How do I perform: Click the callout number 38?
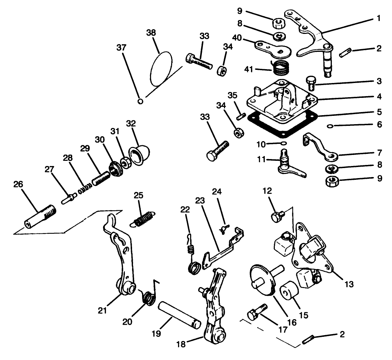151,33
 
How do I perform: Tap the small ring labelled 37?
140,101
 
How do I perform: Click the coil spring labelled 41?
280,66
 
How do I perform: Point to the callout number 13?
349,284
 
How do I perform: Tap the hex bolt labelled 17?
256,312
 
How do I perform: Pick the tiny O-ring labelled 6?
330,127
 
